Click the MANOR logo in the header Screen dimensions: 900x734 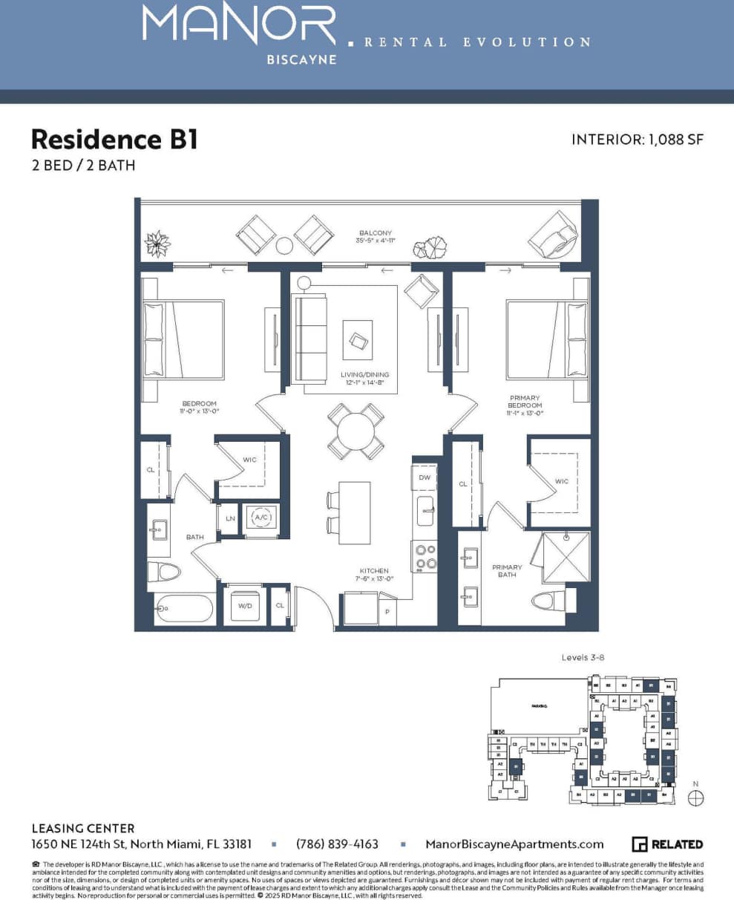239,26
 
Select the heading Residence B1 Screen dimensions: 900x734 114,139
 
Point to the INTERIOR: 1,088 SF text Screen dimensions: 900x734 637,140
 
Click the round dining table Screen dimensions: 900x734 357,431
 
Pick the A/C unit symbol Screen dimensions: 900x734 261,517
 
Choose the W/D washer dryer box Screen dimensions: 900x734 244,606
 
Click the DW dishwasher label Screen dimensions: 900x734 425,477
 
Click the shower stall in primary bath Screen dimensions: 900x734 566,557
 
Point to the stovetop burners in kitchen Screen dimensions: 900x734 425,557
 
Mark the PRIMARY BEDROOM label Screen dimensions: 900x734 525,405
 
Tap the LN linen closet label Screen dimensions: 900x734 230,518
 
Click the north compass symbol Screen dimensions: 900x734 695,798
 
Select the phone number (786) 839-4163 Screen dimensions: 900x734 337,844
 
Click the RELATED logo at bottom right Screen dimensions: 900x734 667,844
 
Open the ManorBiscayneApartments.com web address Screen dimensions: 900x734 514,844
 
